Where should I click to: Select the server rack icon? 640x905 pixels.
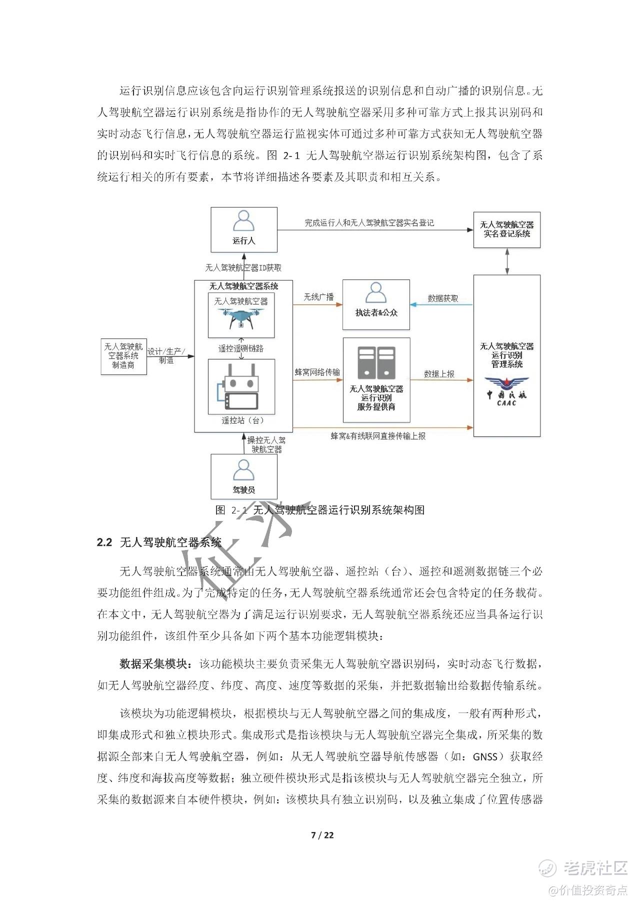[376, 362]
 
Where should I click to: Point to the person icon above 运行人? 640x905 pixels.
[243, 220]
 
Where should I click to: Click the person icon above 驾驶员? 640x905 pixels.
[243, 470]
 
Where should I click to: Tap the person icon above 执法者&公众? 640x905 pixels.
[376, 293]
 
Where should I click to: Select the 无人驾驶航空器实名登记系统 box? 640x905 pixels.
[507, 229]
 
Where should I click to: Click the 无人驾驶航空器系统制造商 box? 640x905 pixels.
[123, 355]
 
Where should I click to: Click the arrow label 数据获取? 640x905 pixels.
[443, 298]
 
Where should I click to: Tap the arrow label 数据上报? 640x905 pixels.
[439, 373]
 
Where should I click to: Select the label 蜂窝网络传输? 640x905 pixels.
[317, 372]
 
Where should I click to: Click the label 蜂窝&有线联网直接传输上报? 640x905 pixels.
[378, 436]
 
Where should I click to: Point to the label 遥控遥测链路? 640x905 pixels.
[241, 348]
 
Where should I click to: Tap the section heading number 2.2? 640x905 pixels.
[104, 542]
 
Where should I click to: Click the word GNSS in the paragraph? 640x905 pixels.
[485, 756]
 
